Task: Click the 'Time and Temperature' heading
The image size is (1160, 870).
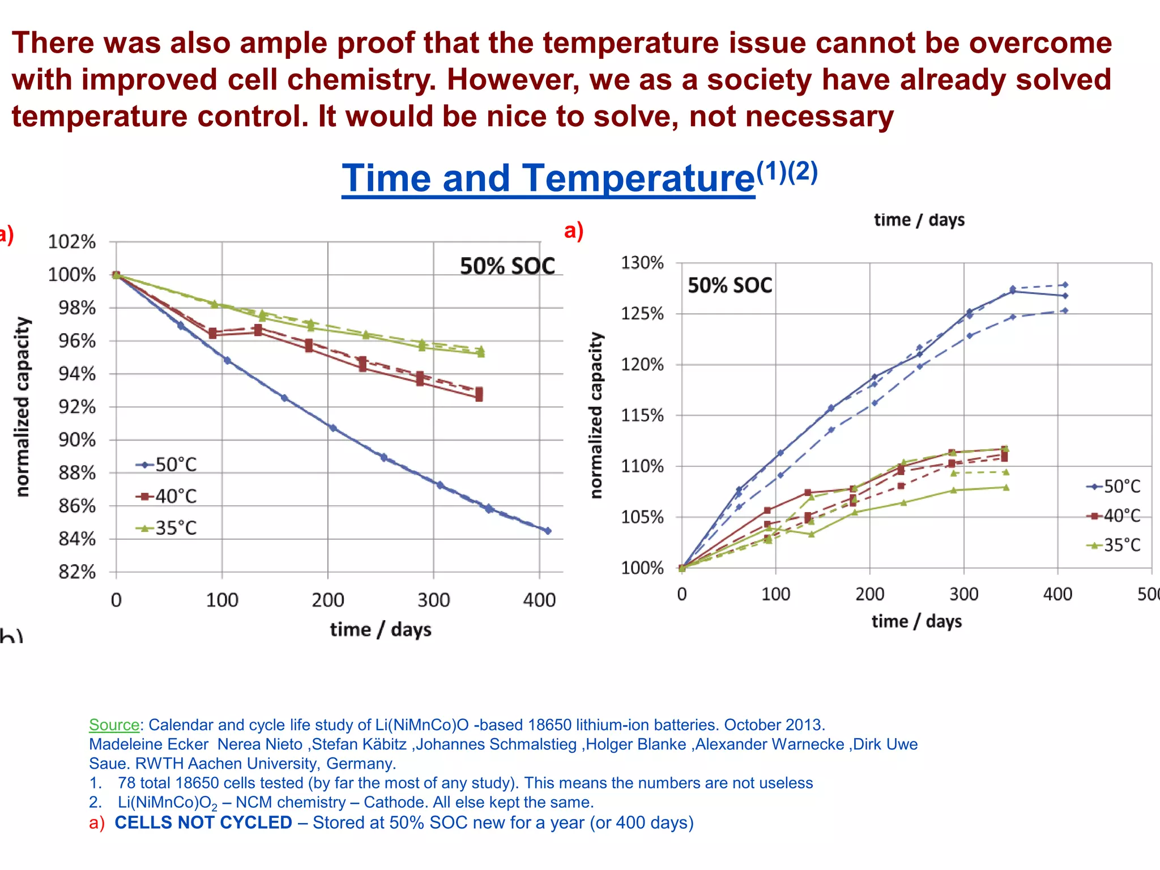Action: pyautogui.click(x=548, y=178)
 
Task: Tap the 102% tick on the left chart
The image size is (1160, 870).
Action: pyautogui.click(x=72, y=242)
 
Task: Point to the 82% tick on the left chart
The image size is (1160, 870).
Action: pyautogui.click(x=78, y=572)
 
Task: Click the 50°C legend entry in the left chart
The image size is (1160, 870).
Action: pyautogui.click(x=167, y=465)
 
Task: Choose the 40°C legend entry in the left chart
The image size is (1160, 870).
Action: pyautogui.click(x=167, y=497)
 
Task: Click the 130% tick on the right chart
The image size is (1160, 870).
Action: pyautogui.click(x=642, y=263)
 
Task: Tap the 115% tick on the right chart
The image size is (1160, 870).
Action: pyautogui.click(x=642, y=416)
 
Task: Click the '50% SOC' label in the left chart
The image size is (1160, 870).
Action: pyautogui.click(x=507, y=266)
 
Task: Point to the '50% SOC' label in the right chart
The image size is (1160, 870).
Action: pyautogui.click(x=730, y=285)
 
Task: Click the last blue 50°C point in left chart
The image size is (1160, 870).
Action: pyautogui.click(x=548, y=531)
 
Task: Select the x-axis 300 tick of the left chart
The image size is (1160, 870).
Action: pyautogui.click(x=433, y=600)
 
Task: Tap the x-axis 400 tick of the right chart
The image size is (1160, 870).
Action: pyautogui.click(x=1057, y=594)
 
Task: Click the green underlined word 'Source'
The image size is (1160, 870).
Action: pyautogui.click(x=114, y=725)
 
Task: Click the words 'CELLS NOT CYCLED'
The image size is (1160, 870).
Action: pyautogui.click(x=203, y=822)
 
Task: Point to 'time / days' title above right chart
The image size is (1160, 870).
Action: pyautogui.click(x=919, y=220)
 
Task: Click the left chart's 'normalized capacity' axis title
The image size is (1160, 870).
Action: pyautogui.click(x=22, y=407)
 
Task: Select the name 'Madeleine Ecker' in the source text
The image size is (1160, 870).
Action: pyautogui.click(x=148, y=744)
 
